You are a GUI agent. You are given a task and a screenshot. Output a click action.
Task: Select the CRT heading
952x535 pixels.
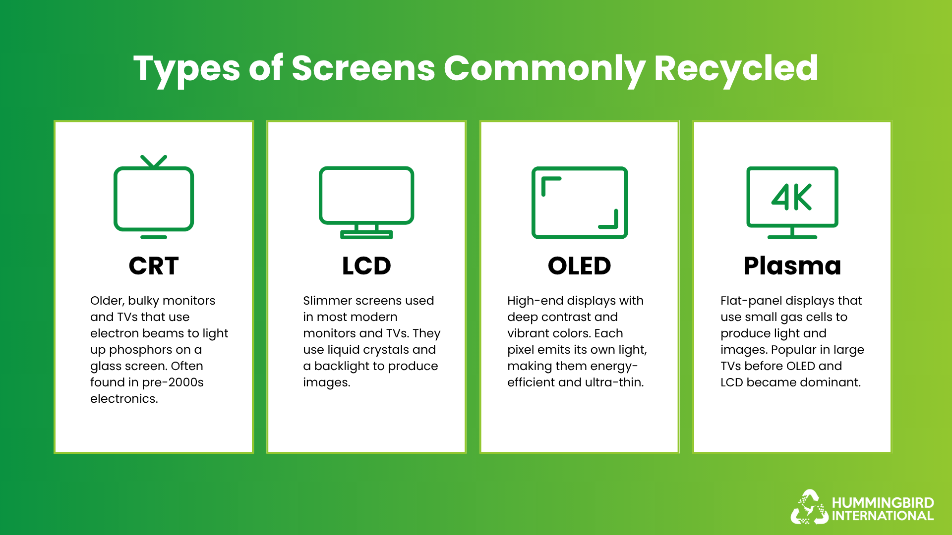pyautogui.click(x=154, y=266)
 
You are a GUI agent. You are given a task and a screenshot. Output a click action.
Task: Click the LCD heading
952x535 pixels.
pyautogui.click(x=366, y=266)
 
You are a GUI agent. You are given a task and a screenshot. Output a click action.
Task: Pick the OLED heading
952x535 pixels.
pyautogui.click(x=579, y=266)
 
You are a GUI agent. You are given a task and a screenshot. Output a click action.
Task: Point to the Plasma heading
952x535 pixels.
pyautogui.click(x=792, y=266)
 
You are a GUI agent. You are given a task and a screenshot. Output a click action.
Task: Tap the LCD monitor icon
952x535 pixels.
pyautogui.click(x=366, y=202)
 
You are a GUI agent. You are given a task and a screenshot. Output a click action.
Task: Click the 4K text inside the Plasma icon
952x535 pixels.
pyautogui.click(x=791, y=197)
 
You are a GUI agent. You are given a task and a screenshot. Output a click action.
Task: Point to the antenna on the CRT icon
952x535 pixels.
pyautogui.click(x=154, y=161)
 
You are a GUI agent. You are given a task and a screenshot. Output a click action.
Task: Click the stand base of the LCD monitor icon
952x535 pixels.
pyautogui.click(x=366, y=235)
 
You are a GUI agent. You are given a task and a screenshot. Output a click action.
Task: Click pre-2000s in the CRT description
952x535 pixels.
pyautogui.click(x=173, y=382)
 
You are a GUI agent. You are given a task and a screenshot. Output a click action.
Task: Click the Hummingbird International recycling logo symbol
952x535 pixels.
pyautogui.click(x=809, y=507)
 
